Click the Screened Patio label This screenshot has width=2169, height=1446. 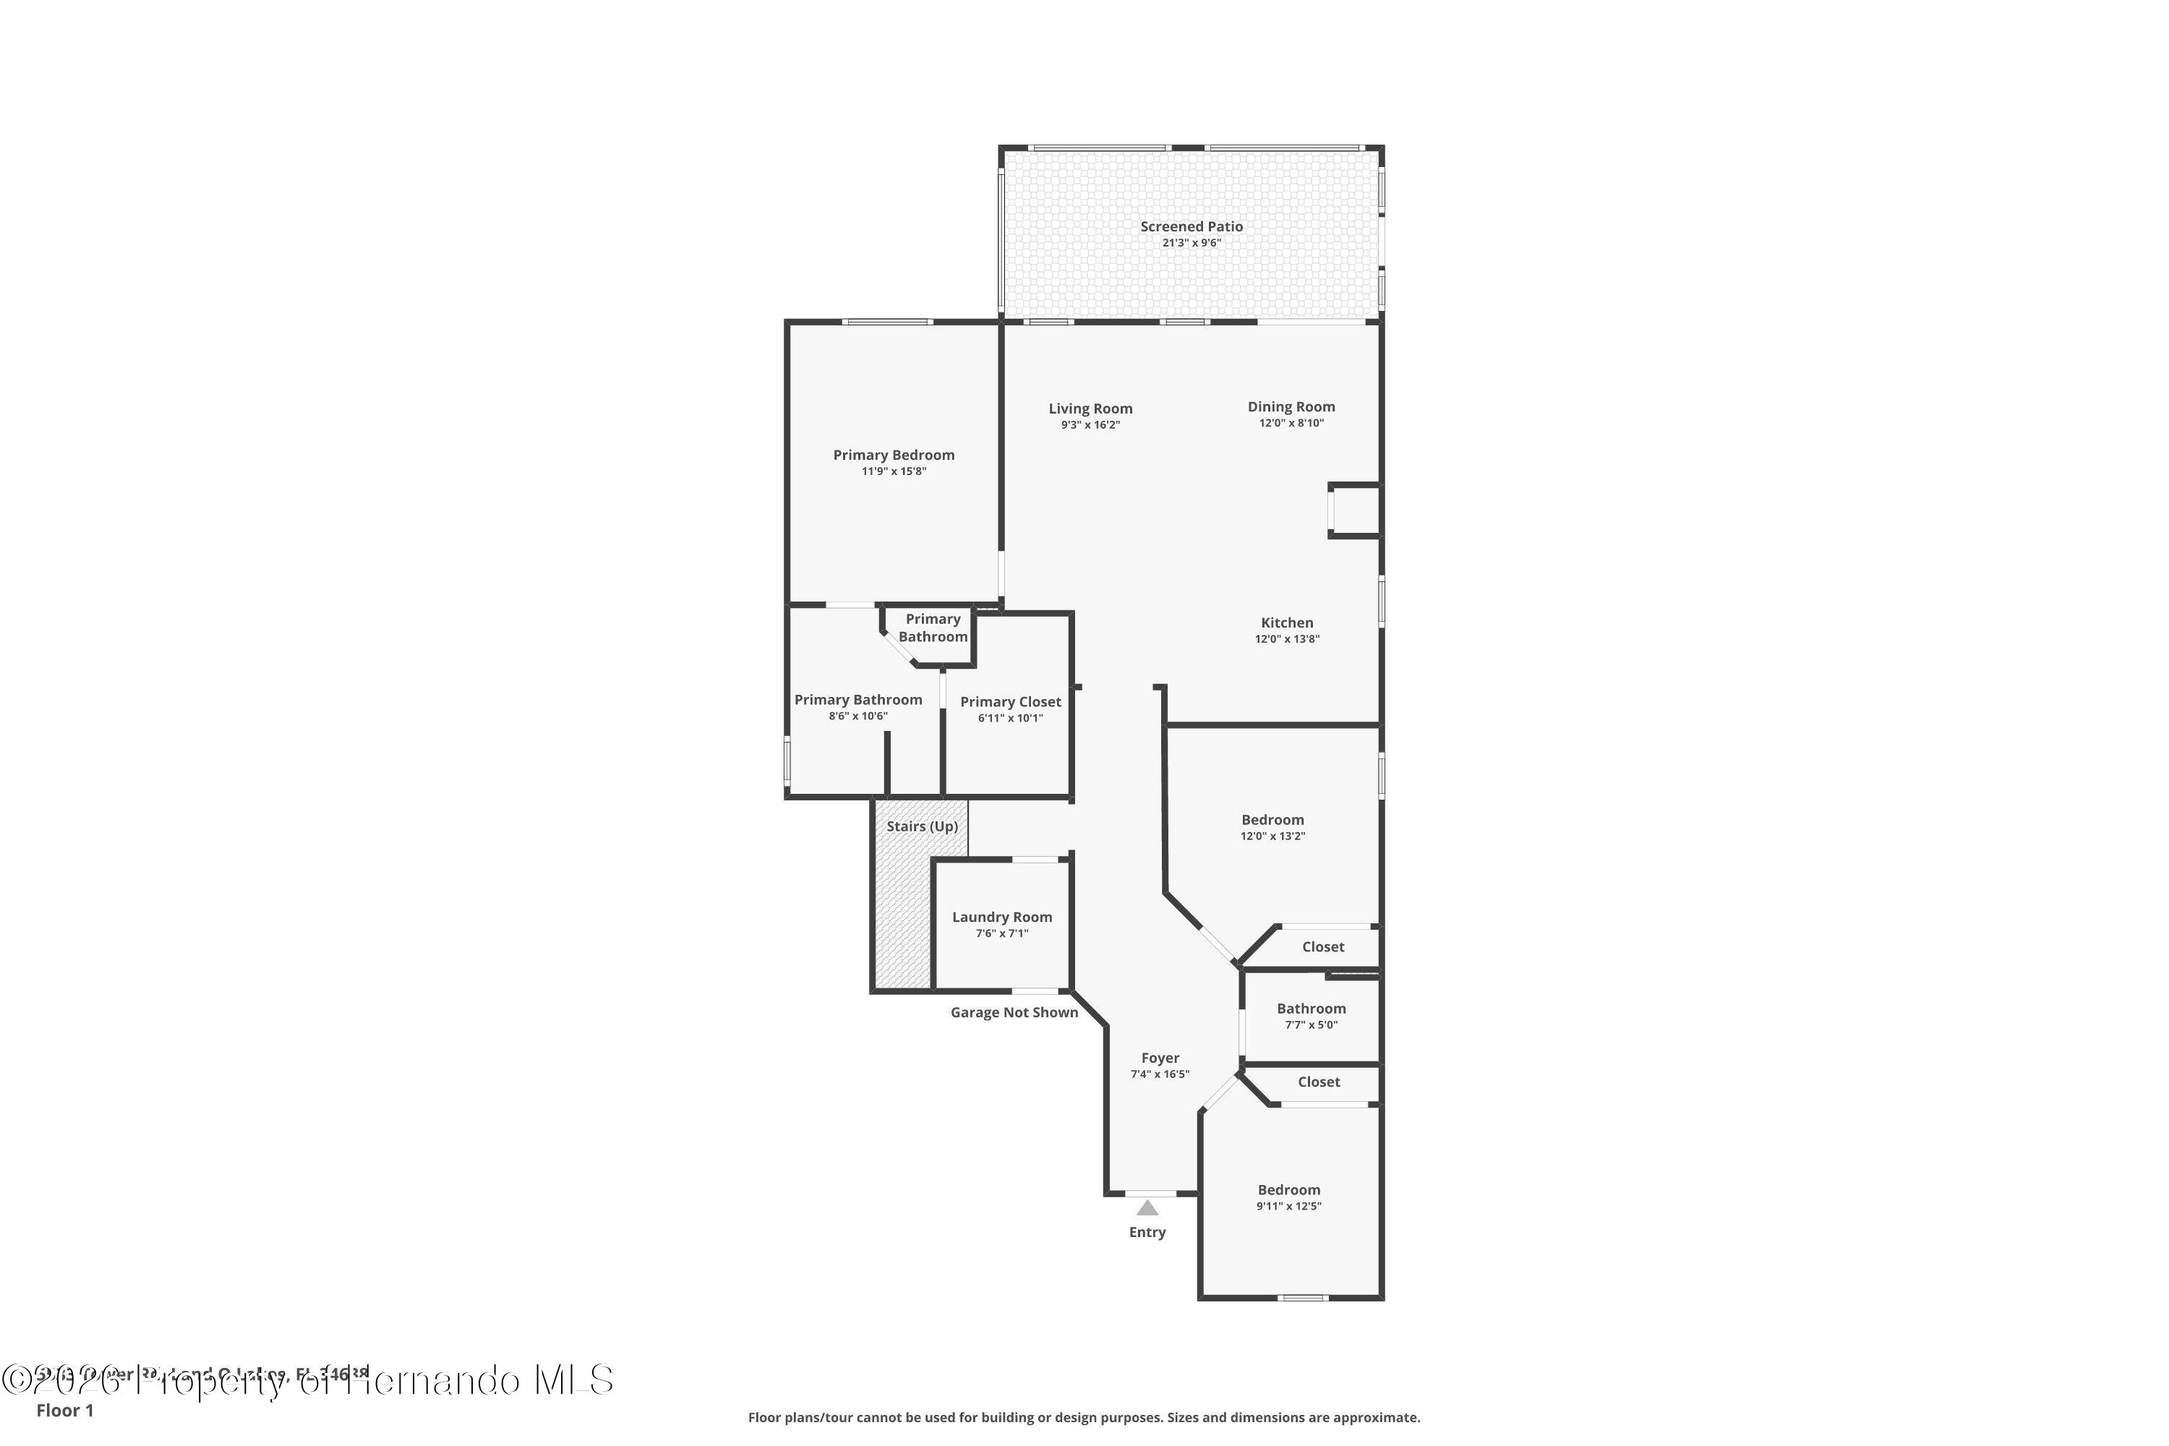click(1191, 226)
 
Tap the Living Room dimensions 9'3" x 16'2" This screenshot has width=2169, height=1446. click(1090, 425)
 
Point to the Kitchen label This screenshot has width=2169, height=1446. click(1286, 623)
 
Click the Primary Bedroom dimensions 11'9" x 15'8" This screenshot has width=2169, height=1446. click(893, 471)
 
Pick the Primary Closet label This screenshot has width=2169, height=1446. click(1010, 702)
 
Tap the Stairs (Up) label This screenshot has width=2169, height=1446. click(921, 826)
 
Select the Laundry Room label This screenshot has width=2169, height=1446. click(1001, 917)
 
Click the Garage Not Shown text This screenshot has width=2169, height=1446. click(1014, 1013)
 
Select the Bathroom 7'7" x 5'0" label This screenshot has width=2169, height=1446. click(1310, 1009)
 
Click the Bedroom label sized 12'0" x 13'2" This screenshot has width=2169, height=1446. click(1272, 820)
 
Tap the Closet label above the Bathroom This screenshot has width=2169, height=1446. click(1322, 947)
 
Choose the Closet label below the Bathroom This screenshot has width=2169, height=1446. click(1318, 1082)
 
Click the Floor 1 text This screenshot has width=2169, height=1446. click(64, 1410)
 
